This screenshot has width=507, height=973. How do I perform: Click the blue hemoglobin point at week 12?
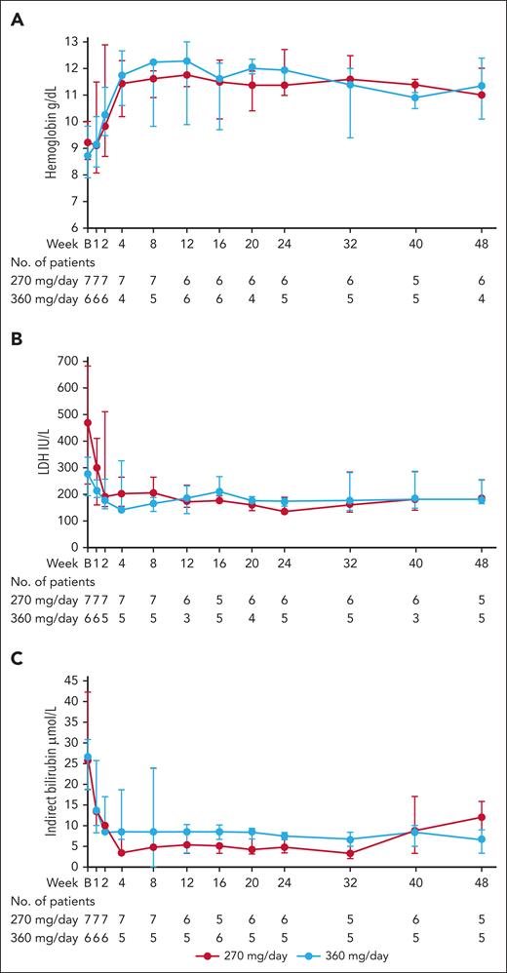point(186,60)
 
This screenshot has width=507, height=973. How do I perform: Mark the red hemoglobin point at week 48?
point(483,95)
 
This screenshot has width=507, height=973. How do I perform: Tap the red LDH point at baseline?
point(88,422)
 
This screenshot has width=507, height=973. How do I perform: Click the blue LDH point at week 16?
point(219,491)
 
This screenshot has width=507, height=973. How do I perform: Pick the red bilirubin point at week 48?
point(483,817)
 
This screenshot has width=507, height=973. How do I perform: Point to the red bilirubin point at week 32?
point(350,853)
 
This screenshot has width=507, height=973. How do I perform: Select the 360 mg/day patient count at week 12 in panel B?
point(186,618)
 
